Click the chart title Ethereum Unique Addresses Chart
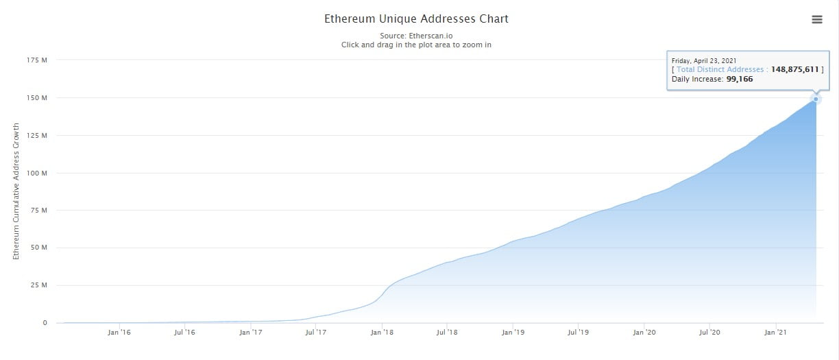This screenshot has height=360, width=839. pyautogui.click(x=416, y=19)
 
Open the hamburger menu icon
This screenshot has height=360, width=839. pyautogui.click(x=816, y=19)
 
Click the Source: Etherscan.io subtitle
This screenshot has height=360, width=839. pyautogui.click(x=416, y=35)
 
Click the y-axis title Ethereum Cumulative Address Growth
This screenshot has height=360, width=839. pyautogui.click(x=16, y=191)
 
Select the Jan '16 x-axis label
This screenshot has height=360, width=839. pyautogui.click(x=119, y=333)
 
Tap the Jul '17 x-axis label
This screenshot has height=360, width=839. pyautogui.click(x=315, y=333)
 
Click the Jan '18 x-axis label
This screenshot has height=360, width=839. pyautogui.click(x=382, y=333)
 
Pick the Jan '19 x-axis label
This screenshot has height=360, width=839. pyautogui.click(x=513, y=333)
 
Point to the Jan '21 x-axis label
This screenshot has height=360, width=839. pyautogui.click(x=775, y=333)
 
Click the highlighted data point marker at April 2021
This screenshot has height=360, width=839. pyautogui.click(x=816, y=99)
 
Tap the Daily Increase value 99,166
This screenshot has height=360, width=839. pyautogui.click(x=740, y=80)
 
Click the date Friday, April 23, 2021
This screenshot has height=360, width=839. pyautogui.click(x=704, y=60)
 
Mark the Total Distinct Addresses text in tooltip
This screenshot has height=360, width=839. pyautogui.click(x=720, y=69)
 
